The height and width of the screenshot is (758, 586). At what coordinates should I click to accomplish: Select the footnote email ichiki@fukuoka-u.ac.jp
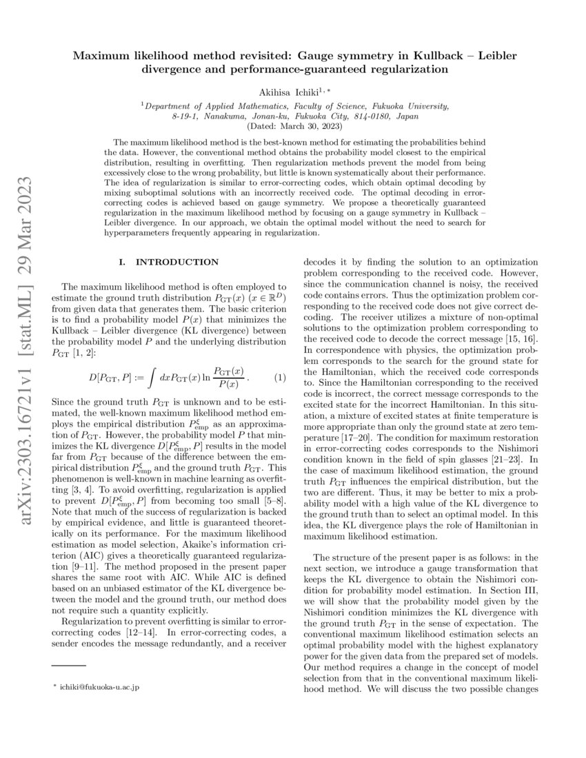tap(99, 688)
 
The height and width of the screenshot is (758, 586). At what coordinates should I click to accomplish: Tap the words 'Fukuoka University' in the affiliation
tap(414, 106)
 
